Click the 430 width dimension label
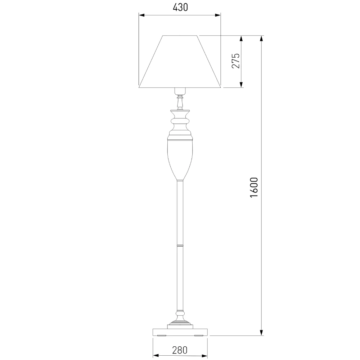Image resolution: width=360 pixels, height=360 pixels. [180, 8]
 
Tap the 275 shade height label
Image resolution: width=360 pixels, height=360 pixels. [235, 61]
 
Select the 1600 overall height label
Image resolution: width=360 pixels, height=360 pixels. [254, 187]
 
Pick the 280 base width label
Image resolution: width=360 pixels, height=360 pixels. [180, 350]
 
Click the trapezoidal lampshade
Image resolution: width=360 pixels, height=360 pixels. [180, 62]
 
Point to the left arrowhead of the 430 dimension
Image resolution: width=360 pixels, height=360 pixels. [141, 15]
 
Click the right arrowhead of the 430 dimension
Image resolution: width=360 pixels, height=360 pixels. [218, 15]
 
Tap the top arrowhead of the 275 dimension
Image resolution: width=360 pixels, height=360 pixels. [241, 39]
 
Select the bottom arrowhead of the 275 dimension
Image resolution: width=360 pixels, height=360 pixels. [241, 85]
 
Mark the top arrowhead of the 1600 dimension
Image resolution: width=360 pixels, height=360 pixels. [261, 39]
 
